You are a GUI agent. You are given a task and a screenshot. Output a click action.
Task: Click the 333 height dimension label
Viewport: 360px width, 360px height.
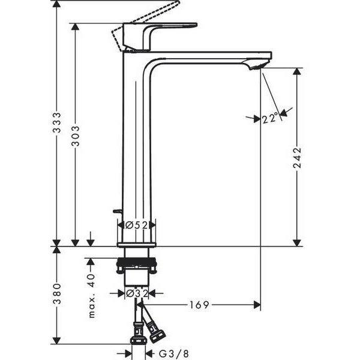(57, 122)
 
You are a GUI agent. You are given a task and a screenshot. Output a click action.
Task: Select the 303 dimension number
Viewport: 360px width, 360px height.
(75, 136)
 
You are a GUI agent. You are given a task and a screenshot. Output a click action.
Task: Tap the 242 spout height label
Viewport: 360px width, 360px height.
(297, 158)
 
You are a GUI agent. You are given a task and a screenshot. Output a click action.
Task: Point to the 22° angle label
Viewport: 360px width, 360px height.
(270, 119)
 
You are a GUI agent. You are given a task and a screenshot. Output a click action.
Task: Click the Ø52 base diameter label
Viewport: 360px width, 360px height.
(136, 225)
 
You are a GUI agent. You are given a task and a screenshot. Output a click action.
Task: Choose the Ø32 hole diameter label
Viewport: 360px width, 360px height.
(137, 293)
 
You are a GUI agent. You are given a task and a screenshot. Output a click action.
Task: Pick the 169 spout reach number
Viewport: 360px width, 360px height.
(199, 305)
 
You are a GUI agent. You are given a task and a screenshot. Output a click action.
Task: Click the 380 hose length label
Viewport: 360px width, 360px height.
(57, 293)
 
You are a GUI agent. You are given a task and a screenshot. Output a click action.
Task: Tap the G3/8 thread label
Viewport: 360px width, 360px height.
(174, 354)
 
